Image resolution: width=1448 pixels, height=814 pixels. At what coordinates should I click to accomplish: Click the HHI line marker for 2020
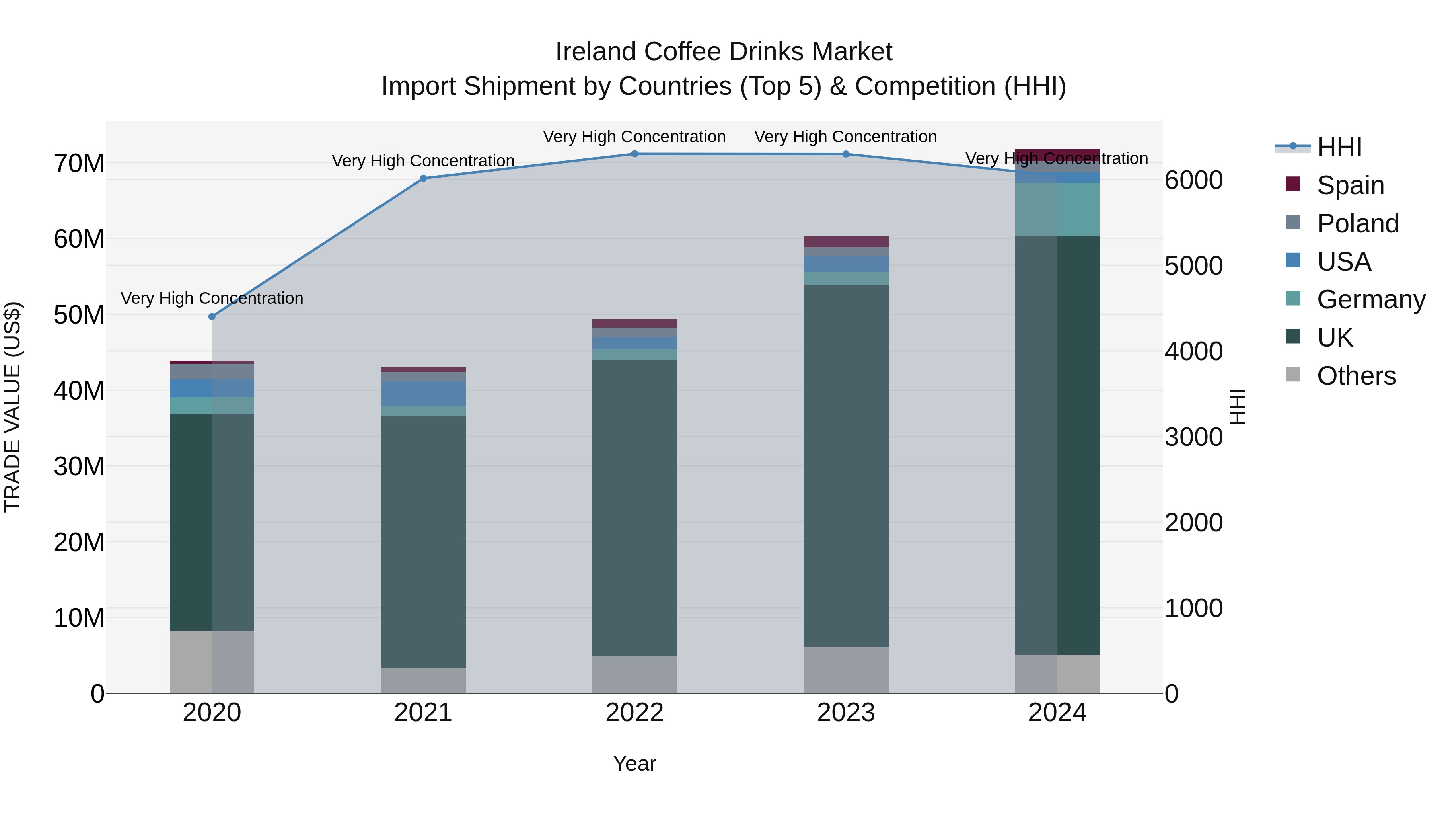pyautogui.click(x=212, y=316)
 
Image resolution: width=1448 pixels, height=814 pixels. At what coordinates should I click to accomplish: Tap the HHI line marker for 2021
pyautogui.click(x=423, y=178)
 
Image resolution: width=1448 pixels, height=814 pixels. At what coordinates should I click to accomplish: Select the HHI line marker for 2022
pyautogui.click(x=635, y=154)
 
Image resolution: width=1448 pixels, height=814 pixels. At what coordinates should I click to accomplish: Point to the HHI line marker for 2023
pyautogui.click(x=846, y=154)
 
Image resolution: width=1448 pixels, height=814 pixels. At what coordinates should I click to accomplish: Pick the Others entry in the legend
pyautogui.click(x=1356, y=376)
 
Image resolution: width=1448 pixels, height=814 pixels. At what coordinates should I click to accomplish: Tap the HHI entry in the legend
pyautogui.click(x=1339, y=147)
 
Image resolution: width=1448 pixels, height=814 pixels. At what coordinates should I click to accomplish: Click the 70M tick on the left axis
pyautogui.click(x=79, y=164)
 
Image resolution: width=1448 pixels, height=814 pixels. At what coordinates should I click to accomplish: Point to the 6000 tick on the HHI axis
pyautogui.click(x=1193, y=180)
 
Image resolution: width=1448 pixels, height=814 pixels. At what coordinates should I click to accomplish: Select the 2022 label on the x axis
pyautogui.click(x=635, y=713)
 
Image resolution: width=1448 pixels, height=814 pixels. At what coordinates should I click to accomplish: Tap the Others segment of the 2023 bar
pyautogui.click(x=846, y=670)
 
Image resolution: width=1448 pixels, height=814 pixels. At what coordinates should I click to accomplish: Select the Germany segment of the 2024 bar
pyautogui.click(x=1057, y=209)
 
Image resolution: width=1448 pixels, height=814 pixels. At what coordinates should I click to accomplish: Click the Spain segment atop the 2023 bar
pyautogui.click(x=846, y=242)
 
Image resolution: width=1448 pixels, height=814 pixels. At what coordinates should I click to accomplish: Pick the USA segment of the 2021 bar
pyautogui.click(x=423, y=394)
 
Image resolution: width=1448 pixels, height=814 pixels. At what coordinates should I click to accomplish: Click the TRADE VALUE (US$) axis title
pyautogui.click(x=12, y=407)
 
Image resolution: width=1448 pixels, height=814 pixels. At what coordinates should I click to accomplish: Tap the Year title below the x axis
pyautogui.click(x=635, y=763)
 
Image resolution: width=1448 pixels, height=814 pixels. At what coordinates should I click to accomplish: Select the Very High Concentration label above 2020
pyautogui.click(x=212, y=298)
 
